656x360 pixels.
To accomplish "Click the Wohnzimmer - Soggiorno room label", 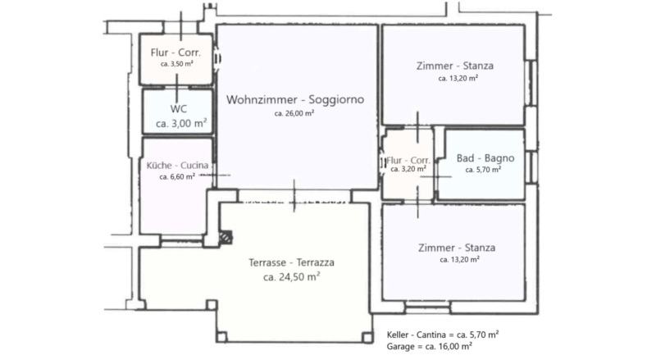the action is [x=295, y=99].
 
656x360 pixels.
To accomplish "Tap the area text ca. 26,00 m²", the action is [x=294, y=113].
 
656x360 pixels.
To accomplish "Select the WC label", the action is [x=178, y=109].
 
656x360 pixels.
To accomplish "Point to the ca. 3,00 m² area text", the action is [x=181, y=123].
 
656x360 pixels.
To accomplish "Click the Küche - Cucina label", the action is [x=177, y=166].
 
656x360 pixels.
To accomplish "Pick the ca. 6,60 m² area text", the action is [x=177, y=176].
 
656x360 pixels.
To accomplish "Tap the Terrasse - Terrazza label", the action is [x=292, y=262].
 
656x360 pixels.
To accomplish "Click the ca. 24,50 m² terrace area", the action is [x=292, y=276].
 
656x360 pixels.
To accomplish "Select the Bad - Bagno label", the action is [x=485, y=157].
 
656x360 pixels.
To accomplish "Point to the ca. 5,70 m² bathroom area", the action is [x=483, y=170].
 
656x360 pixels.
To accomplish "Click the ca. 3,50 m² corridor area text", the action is [x=177, y=64].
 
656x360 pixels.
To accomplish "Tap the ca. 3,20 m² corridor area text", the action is [x=408, y=169].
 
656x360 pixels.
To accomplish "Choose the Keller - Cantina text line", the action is [x=443, y=335].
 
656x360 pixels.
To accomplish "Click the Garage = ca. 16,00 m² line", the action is [x=429, y=347].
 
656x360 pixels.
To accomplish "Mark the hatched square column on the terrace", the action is [x=226, y=237].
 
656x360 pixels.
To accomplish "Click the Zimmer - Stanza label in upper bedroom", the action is [x=455, y=66].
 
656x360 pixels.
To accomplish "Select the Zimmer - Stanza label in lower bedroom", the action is [x=457, y=248].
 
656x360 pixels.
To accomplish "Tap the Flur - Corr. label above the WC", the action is [x=175, y=52].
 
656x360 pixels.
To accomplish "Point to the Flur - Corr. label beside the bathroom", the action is [x=408, y=161].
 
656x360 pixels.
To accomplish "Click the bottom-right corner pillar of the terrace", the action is [x=367, y=337].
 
